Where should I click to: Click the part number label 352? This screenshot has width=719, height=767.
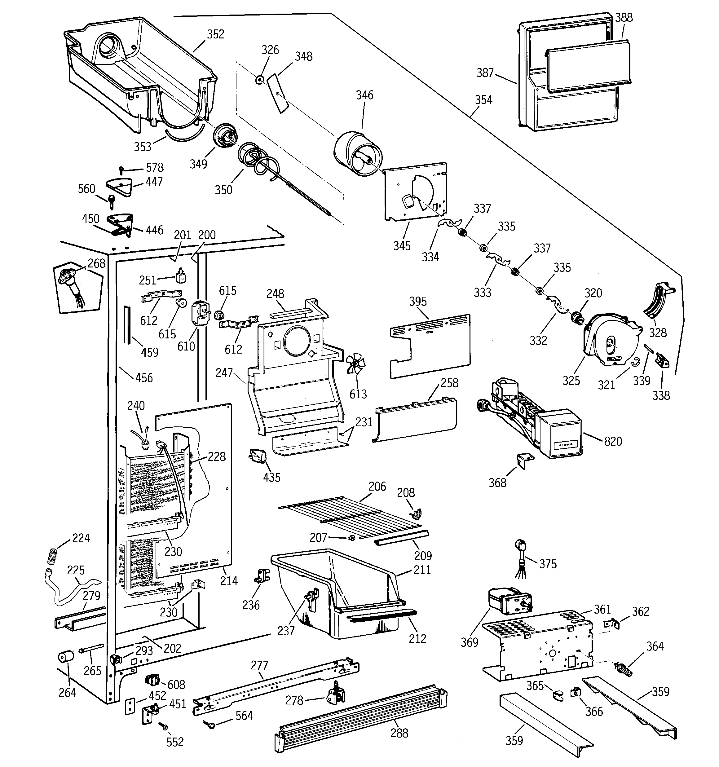coord(215,34)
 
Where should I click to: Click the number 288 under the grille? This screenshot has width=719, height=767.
coord(399,733)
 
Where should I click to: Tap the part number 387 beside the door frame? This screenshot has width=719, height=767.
coord(485,73)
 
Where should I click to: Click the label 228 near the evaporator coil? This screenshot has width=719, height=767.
coord(217,456)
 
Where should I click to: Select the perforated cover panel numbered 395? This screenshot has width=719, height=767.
coord(430,345)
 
